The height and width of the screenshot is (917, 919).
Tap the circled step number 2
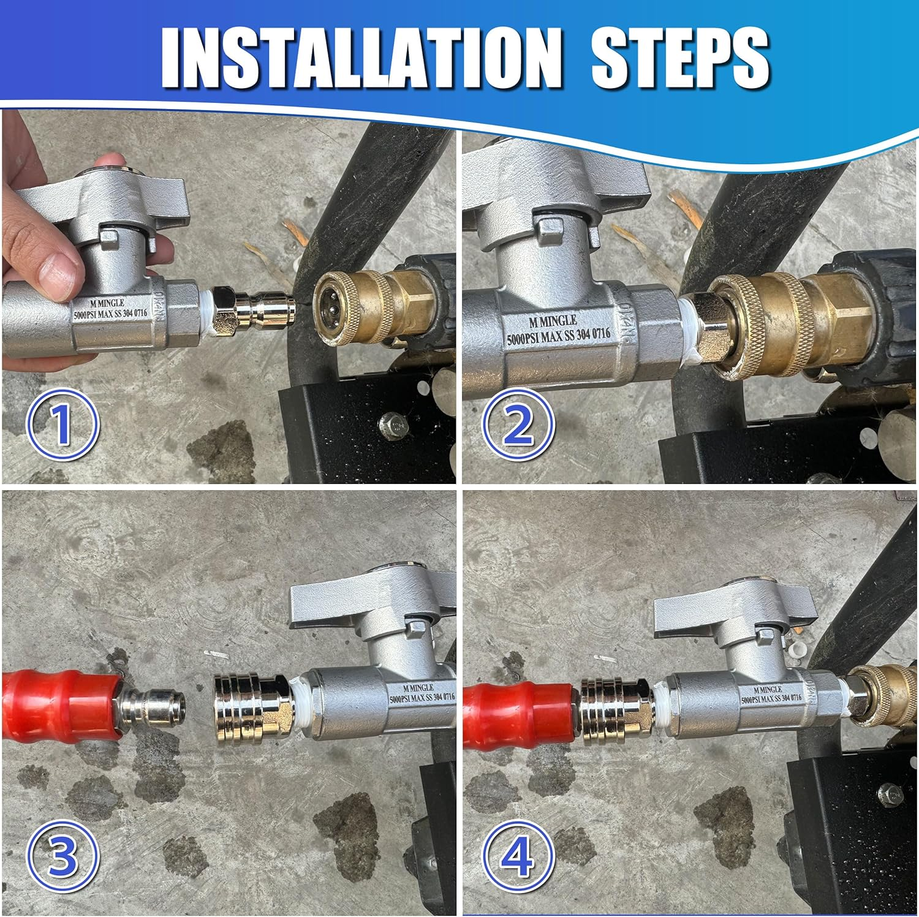pos(518,425)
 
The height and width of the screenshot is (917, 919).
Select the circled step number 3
pos(62,856)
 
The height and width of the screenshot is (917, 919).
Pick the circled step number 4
pos(518,856)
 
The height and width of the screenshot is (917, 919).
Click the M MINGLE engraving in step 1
pos(107,303)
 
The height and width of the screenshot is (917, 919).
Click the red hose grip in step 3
pos(61,704)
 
